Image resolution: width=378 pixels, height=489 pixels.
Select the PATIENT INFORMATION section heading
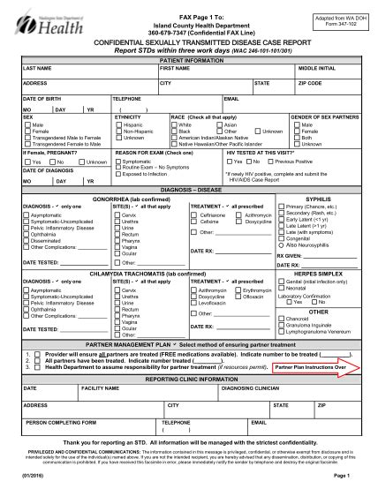coord(189,61)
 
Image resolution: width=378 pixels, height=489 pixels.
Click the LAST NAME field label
coord(38,68)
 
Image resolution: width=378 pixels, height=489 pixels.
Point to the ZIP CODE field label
coord(310,83)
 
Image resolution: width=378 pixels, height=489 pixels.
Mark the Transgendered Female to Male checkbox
coord(26,139)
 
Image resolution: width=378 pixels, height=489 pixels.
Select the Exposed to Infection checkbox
coord(118,175)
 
